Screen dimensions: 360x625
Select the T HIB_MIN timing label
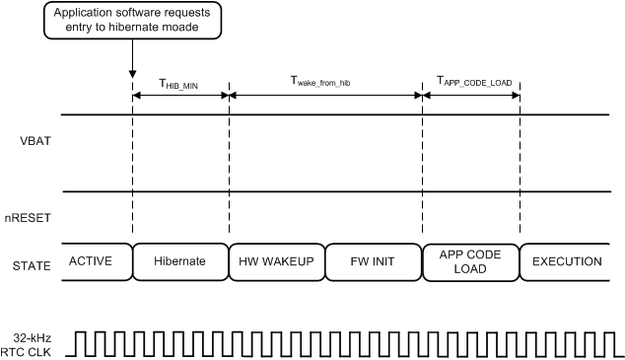coord(179,84)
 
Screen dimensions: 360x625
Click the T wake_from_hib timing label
coord(324,84)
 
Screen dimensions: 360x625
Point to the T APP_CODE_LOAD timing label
coord(473,83)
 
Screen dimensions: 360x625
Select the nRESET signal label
coord(32,211)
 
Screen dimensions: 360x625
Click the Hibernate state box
coord(180,261)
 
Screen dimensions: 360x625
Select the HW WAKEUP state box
coord(277,261)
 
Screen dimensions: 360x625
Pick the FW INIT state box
coord(374,261)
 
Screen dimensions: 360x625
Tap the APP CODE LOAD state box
coord(470,261)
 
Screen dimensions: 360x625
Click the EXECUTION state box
coord(566,261)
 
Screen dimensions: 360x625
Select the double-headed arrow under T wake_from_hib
coord(325,96)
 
